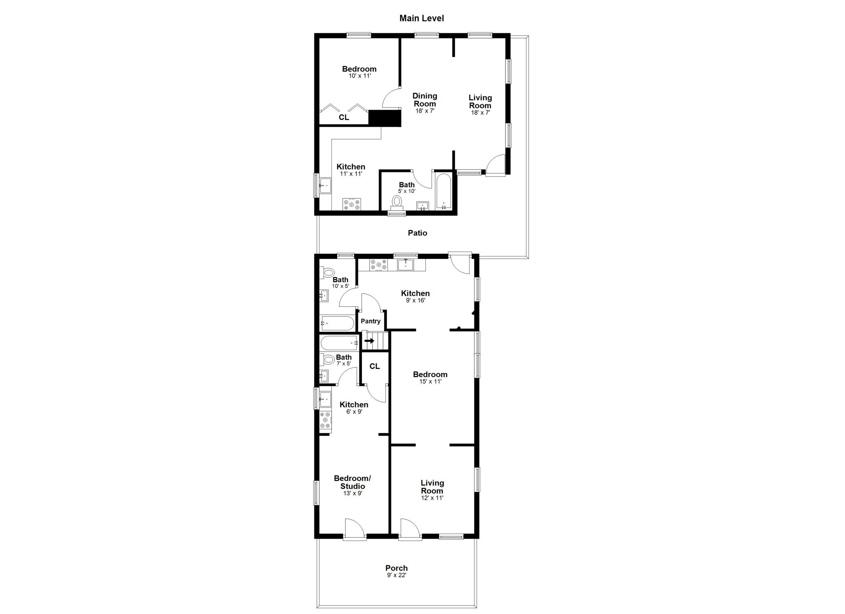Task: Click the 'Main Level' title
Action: (421, 18)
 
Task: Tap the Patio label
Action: (417, 233)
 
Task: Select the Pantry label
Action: (371, 321)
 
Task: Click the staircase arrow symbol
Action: (369, 341)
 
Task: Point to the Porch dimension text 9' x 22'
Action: (397, 575)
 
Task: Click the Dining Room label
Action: (425, 100)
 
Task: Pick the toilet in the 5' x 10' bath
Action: (397, 202)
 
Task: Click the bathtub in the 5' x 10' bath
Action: (444, 192)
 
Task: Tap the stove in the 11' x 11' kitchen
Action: (352, 205)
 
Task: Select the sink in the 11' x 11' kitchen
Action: (325, 186)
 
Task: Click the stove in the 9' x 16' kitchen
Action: (379, 264)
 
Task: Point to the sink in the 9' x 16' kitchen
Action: (406, 264)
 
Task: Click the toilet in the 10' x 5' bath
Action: (328, 272)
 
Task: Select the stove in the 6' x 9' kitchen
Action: (326, 420)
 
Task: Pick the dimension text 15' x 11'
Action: (430, 382)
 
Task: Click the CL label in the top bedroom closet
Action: (344, 118)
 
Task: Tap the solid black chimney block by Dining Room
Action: (385, 118)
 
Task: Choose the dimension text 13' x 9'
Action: (352, 493)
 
